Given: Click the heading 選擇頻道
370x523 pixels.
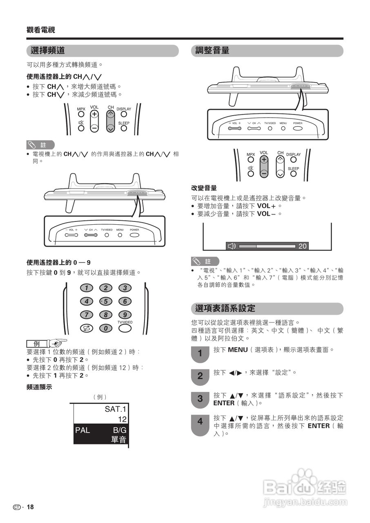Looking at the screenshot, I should coord(48,51).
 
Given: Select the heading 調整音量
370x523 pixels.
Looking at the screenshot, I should coord(212,51).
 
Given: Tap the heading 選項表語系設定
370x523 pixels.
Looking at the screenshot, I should coord(225,308).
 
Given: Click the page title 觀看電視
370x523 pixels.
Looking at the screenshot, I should coord(41,30).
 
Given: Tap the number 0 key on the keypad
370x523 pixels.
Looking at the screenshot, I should coord(105,328).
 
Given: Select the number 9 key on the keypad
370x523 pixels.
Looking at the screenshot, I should coord(125,315).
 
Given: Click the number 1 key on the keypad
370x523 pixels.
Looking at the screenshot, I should coord(86,288).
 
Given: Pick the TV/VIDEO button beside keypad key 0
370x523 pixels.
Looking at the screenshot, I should coord(125,328).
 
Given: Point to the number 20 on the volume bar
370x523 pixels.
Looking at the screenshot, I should coord(302,246).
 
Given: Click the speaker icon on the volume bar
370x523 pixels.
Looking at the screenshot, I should coord(232,246).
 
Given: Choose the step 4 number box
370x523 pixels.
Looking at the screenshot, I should coord(200,421).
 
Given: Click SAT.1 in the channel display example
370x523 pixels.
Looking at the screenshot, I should coord(116,409).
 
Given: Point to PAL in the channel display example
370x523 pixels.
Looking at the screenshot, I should coord(82,430).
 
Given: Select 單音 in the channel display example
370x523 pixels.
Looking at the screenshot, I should coord(118,440).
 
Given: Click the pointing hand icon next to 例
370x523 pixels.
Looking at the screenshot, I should coord(58,343).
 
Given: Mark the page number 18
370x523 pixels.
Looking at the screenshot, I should coord(30,507).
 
